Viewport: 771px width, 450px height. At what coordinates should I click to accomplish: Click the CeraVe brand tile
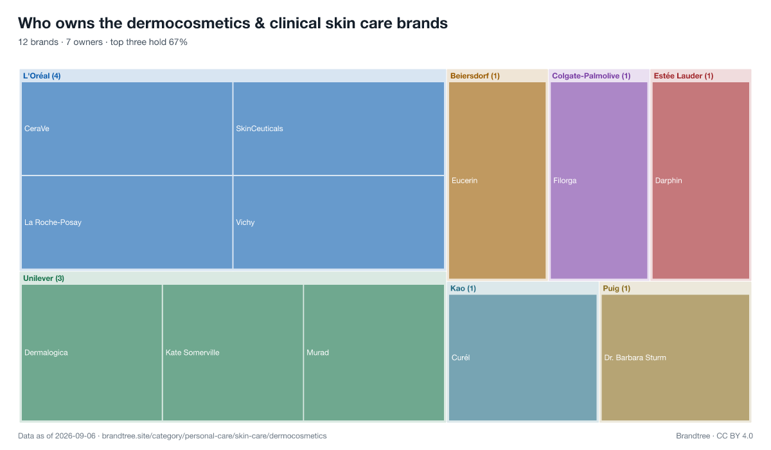click(127, 129)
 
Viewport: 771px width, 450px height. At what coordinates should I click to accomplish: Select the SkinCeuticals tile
click(339, 129)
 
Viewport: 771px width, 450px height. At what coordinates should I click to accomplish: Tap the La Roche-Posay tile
click(127, 222)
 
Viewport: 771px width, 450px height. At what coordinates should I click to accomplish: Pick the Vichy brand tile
click(339, 222)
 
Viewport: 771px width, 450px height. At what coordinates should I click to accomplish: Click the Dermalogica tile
click(92, 352)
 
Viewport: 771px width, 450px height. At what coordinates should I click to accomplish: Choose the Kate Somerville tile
click(233, 352)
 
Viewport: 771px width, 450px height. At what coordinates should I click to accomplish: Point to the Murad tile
click(374, 352)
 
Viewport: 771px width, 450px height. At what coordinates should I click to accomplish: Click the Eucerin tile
click(497, 181)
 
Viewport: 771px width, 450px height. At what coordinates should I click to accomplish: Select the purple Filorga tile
click(599, 181)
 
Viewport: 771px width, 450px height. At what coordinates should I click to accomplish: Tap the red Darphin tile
click(701, 181)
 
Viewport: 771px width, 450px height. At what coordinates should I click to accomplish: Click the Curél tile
click(523, 357)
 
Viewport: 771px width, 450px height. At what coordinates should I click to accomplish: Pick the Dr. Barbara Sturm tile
click(675, 357)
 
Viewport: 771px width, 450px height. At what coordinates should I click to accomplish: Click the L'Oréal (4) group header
click(42, 76)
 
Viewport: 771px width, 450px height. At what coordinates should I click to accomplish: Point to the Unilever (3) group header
click(44, 278)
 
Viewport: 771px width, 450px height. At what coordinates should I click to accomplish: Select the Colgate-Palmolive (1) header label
click(591, 76)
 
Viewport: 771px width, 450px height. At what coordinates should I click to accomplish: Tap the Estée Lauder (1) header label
click(684, 76)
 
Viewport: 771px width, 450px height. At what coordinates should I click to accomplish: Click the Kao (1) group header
click(463, 288)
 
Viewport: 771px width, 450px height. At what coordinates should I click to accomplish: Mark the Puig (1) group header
click(616, 289)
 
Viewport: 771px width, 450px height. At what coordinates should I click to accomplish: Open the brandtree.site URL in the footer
click(214, 436)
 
